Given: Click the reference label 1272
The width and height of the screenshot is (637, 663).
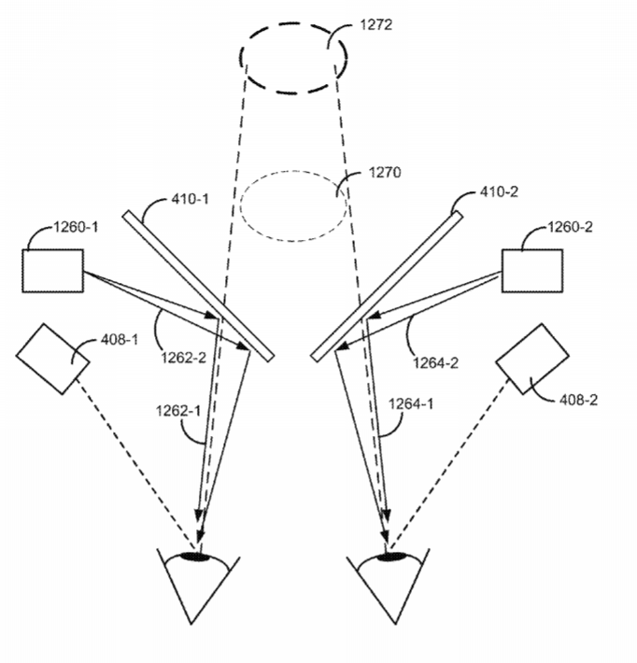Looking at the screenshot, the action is coord(376,24).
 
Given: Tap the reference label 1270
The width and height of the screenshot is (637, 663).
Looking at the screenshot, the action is coord(385,173).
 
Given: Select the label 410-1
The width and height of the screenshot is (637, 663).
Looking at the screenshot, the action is coord(190,199).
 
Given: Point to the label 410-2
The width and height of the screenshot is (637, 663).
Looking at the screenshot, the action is coord(499,192).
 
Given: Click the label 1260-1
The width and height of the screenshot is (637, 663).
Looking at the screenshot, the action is coord(76,227).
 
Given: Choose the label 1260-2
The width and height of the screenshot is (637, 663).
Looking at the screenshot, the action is coord(570,227).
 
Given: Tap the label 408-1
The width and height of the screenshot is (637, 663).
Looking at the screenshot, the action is coord(120,339).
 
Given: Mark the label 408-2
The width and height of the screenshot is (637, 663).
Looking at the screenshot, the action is coord(578,400).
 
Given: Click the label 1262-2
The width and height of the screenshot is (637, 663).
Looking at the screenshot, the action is coord(184,358).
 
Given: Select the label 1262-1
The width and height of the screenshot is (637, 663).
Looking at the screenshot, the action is coord(178,411).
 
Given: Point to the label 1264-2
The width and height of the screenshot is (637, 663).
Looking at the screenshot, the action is coord(435,363).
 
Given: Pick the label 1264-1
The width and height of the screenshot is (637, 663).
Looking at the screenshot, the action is coord(411,403).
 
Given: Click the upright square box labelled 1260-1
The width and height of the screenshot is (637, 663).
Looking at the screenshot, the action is coord(53,271).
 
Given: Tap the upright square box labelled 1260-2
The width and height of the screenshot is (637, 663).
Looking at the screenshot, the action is coord(532,271).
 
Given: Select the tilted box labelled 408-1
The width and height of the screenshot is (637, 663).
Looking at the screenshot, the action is coord(53,359).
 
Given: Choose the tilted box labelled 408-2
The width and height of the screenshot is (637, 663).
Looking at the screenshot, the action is coord(532,359).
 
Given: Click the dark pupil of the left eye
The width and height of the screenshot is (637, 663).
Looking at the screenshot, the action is coord(195,557).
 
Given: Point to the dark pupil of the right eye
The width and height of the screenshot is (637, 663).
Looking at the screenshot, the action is coord(390,557).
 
